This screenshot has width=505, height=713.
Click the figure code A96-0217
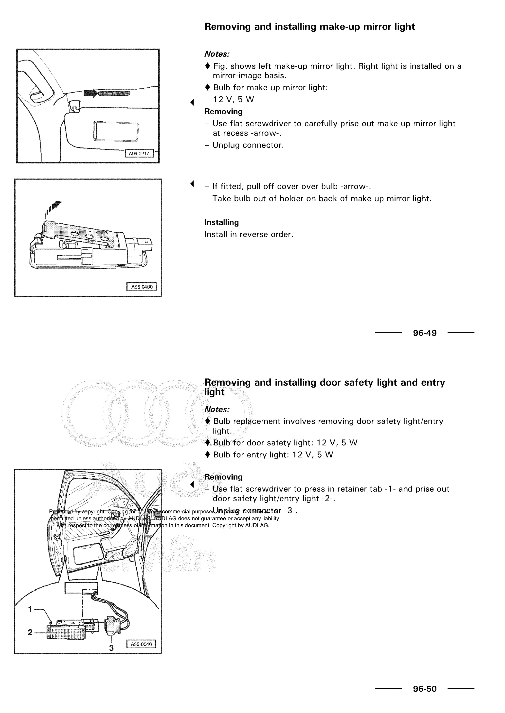click(139, 153)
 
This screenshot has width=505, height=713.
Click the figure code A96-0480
click(142, 287)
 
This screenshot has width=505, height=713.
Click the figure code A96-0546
click(141, 644)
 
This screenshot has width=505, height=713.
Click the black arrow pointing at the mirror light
click(90, 93)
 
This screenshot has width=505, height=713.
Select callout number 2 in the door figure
click(30, 632)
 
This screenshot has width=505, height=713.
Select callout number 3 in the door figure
click(111, 648)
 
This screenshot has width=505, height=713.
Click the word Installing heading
click(221, 222)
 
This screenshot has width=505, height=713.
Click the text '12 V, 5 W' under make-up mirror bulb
click(233, 99)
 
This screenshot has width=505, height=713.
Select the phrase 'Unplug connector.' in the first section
click(248, 145)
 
